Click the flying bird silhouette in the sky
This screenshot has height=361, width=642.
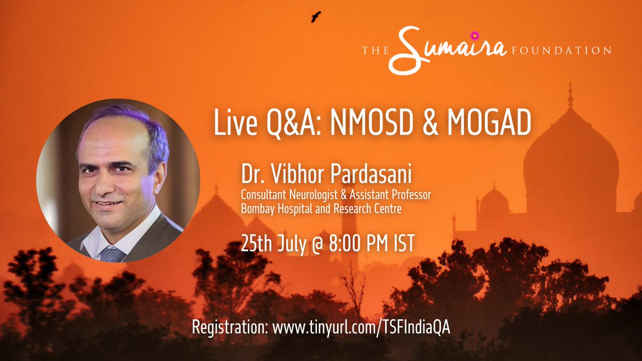[316, 17]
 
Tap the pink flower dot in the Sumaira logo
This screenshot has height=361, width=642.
[473, 36]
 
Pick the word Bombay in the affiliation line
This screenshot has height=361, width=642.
[259, 209]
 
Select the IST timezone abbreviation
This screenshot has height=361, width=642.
[400, 243]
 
